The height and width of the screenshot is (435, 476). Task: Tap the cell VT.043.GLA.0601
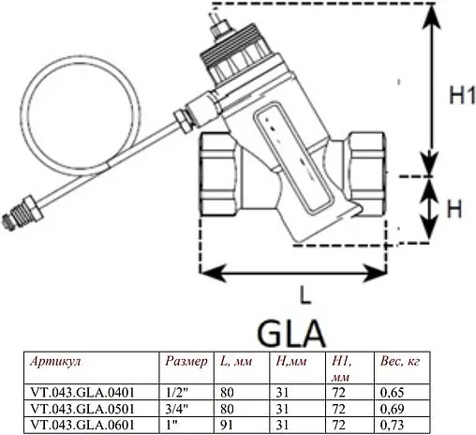[80, 426]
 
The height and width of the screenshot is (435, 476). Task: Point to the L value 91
[229, 426]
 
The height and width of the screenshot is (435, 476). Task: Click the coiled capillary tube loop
[79, 113]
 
